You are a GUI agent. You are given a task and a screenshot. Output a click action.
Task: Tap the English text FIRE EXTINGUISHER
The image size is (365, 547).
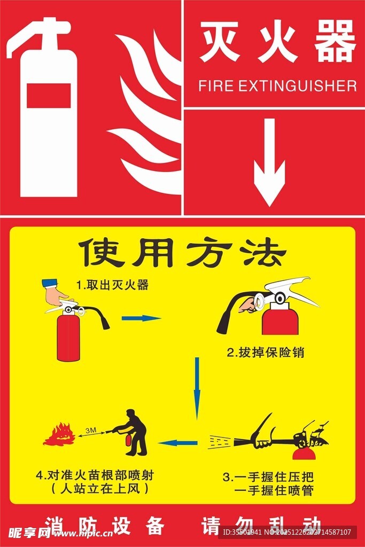[x=277, y=86]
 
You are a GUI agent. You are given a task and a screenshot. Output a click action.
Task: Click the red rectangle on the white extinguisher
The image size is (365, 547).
[x=49, y=96]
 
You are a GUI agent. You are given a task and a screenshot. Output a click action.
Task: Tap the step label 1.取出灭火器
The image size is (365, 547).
[x=112, y=285]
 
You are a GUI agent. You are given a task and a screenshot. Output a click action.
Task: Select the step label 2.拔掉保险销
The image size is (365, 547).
[x=266, y=353]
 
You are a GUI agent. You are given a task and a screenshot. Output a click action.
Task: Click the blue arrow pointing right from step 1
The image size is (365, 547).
[x=141, y=318]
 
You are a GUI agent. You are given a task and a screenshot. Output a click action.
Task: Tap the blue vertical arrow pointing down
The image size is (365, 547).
[x=197, y=387]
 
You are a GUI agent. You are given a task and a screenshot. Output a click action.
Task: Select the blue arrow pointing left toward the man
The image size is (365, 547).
[x=178, y=442]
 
